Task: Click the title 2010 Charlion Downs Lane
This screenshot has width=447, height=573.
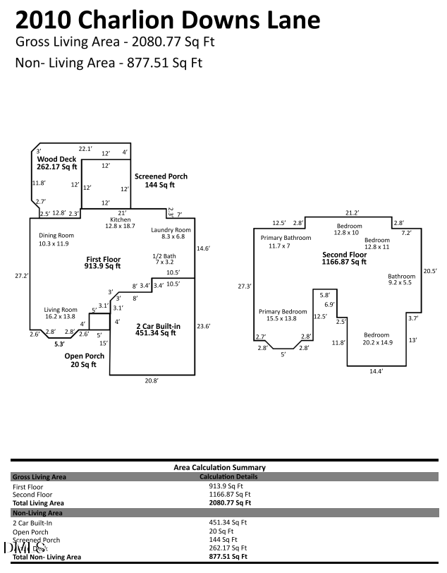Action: click(x=167, y=20)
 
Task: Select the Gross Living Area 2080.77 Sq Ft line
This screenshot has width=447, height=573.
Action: click(x=115, y=42)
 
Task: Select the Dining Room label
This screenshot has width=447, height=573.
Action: click(x=56, y=239)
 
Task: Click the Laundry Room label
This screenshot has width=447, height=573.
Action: click(x=171, y=234)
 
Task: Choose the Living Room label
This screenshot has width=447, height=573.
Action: click(x=60, y=313)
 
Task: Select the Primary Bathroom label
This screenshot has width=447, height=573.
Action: click(x=286, y=242)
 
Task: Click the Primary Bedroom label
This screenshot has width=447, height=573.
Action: click(x=282, y=315)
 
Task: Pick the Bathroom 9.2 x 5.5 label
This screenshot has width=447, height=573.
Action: click(x=401, y=279)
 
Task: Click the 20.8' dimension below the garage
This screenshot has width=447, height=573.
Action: click(x=152, y=380)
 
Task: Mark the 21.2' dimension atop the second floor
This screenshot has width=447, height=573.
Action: click(x=352, y=212)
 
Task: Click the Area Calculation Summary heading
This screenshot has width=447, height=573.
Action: click(x=219, y=467)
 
